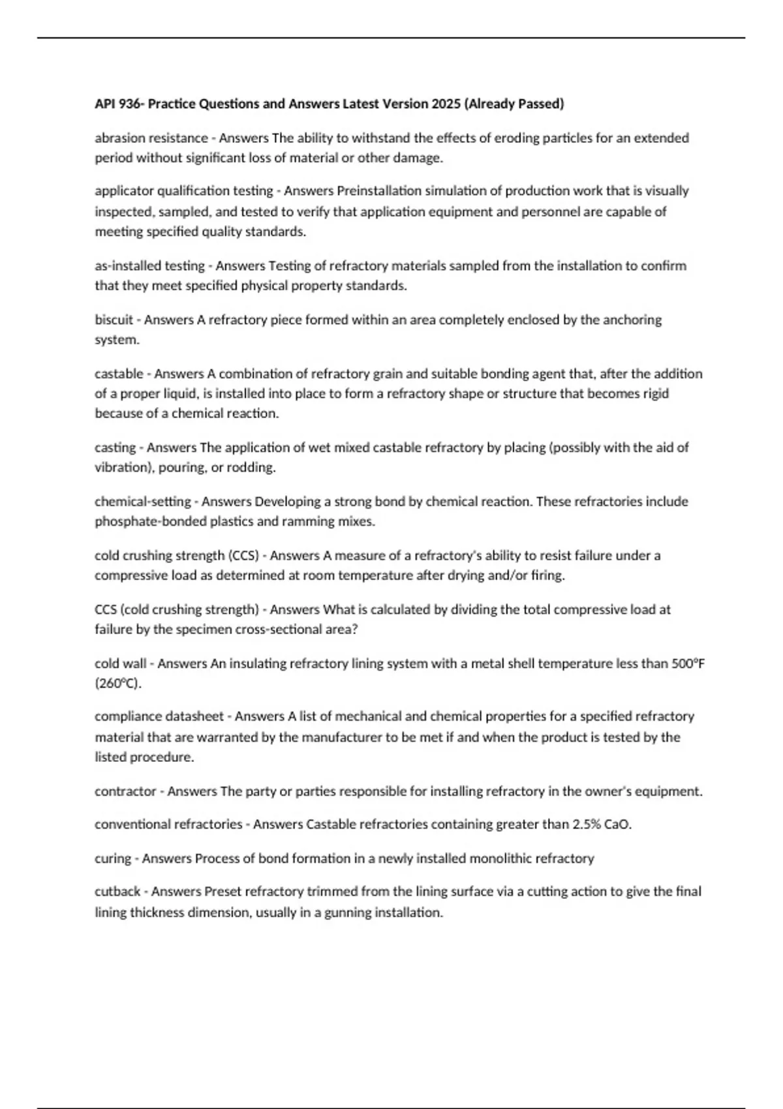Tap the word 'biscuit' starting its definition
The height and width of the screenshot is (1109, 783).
click(x=114, y=320)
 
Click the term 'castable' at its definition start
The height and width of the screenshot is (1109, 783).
click(x=119, y=374)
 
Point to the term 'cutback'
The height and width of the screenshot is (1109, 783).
click(x=116, y=891)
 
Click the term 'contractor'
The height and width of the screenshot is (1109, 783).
click(x=125, y=791)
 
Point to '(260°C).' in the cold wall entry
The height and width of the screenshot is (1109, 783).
click(x=118, y=684)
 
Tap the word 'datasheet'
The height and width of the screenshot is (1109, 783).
click(x=194, y=716)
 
